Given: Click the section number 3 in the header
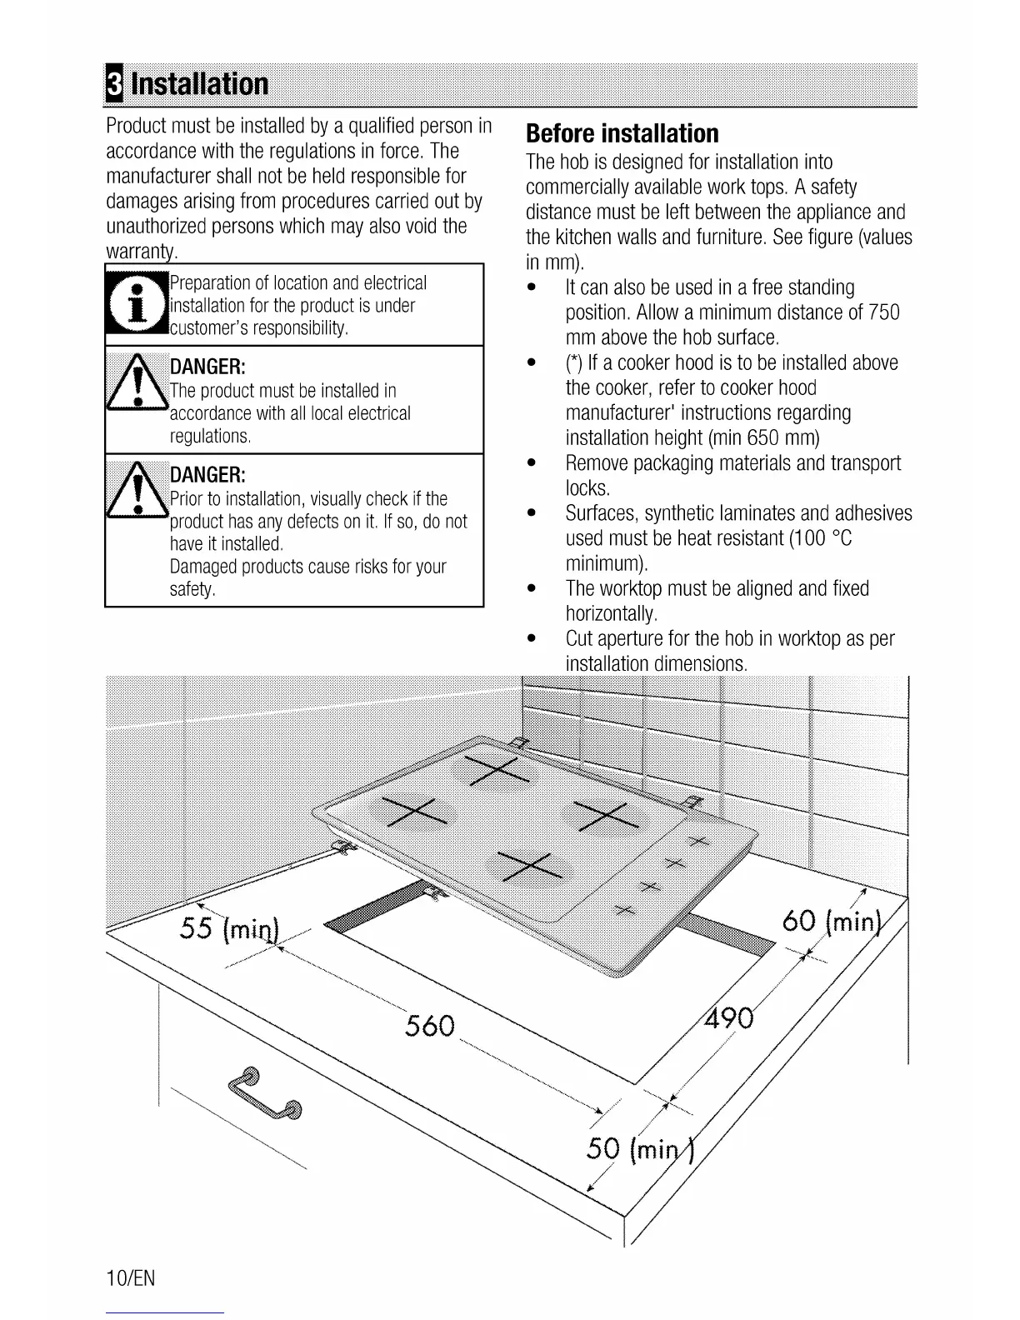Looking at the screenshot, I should click(x=114, y=84).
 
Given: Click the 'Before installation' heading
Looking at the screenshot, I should click(x=622, y=133).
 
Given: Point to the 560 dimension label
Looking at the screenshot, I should click(x=430, y=1024).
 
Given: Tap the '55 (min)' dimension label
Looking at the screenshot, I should click(x=231, y=927).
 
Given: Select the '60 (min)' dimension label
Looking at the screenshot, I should click(x=831, y=922).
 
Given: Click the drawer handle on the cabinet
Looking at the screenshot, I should click(x=262, y=1093).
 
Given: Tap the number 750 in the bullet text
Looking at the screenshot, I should click(x=883, y=312).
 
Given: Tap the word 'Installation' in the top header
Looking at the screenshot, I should click(x=200, y=84).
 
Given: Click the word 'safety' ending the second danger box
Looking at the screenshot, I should click(x=192, y=590).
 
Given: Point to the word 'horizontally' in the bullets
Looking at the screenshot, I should click(x=611, y=614).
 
